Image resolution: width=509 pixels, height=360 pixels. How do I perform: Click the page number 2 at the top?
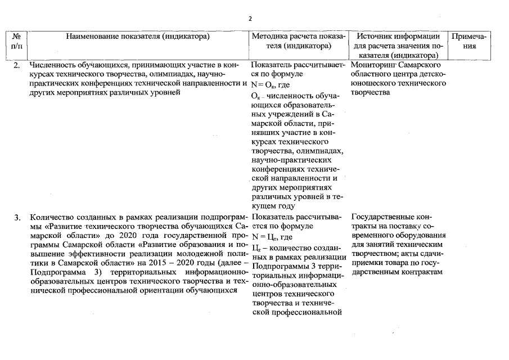coord(250,19)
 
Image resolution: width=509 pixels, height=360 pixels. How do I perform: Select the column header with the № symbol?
coord(16,41)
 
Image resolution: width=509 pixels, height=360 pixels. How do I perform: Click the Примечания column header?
coord(472,41)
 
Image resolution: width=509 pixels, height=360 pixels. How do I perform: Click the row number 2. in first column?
coord(17,66)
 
